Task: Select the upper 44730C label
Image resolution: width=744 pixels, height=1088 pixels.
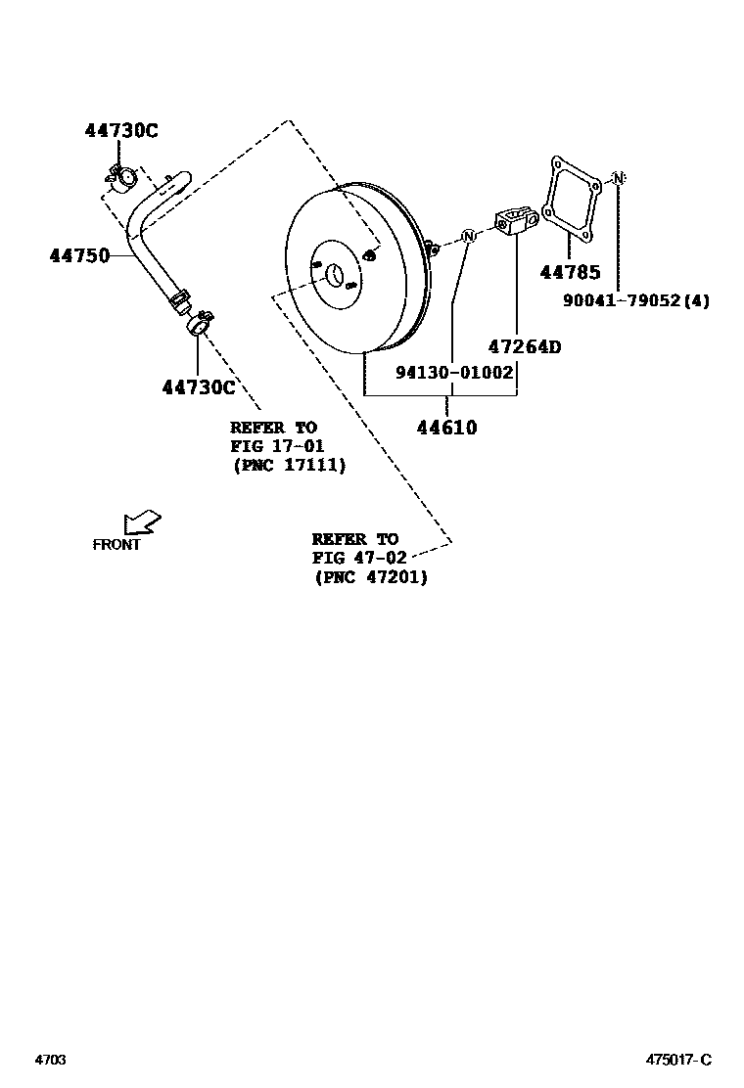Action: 118,130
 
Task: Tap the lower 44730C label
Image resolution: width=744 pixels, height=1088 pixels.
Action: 199,387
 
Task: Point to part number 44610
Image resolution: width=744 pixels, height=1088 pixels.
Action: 446,427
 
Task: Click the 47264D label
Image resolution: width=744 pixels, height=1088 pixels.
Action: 525,346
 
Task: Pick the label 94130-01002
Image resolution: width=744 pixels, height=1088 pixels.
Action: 455,373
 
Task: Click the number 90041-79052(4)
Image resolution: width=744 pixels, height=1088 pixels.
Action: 636,301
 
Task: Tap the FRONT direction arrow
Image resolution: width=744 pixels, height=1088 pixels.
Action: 142,522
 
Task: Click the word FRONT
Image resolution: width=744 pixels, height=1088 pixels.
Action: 117,545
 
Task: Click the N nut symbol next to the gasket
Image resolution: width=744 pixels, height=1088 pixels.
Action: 618,177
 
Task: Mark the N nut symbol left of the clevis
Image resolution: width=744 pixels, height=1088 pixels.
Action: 468,236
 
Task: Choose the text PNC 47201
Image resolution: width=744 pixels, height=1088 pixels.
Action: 371,577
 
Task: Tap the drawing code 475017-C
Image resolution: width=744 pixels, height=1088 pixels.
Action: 677,1060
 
